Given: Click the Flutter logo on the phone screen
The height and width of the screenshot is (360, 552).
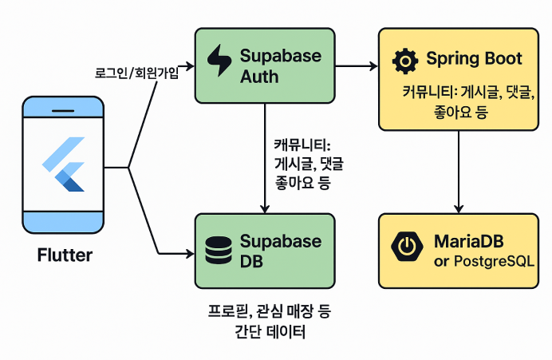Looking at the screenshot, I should point(64,164).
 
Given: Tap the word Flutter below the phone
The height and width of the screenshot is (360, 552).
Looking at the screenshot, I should point(65,256).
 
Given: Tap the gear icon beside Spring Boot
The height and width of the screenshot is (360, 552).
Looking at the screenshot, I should point(406,61).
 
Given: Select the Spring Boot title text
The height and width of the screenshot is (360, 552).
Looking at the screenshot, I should point(474,59).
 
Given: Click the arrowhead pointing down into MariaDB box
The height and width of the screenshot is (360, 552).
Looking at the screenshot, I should point(459,208).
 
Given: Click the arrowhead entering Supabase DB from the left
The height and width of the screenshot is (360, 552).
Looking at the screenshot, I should point(190,254).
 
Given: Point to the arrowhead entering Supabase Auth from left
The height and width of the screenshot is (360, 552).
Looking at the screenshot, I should point(190,67).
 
